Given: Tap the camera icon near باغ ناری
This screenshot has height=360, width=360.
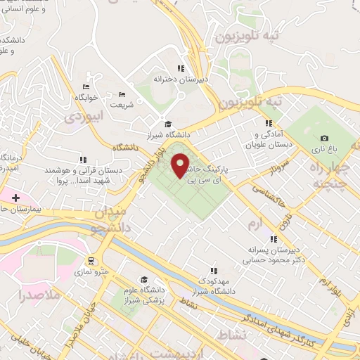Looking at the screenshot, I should pyautogui.click(x=323, y=139).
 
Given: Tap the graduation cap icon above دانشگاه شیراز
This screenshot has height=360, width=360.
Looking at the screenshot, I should pyautogui.click(x=167, y=124).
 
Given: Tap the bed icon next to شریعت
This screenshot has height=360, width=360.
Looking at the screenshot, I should pyautogui.click(x=122, y=94).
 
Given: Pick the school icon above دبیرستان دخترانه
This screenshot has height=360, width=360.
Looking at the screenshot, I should pyautogui.click(x=180, y=68).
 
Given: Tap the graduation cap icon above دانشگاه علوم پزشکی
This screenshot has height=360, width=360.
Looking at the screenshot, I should pyautogui.click(x=144, y=279).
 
